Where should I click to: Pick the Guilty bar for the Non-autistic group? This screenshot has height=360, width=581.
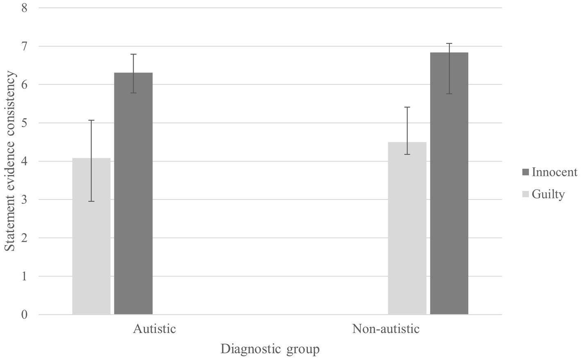(407, 230)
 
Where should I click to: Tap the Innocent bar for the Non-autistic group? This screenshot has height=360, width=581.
(449, 185)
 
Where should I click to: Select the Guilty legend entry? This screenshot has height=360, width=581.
(548, 194)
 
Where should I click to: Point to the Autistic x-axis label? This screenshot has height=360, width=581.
(154, 329)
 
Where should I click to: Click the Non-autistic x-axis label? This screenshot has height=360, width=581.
(386, 329)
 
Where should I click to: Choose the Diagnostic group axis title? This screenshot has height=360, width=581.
(270, 349)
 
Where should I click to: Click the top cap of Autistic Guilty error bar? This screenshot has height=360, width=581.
(91, 120)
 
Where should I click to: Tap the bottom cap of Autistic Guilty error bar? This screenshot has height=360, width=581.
(91, 201)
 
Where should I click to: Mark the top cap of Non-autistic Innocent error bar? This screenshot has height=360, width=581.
(449, 43)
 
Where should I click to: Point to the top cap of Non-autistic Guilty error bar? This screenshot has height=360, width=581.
(407, 107)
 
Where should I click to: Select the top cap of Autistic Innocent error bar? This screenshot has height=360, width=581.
(133, 54)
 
